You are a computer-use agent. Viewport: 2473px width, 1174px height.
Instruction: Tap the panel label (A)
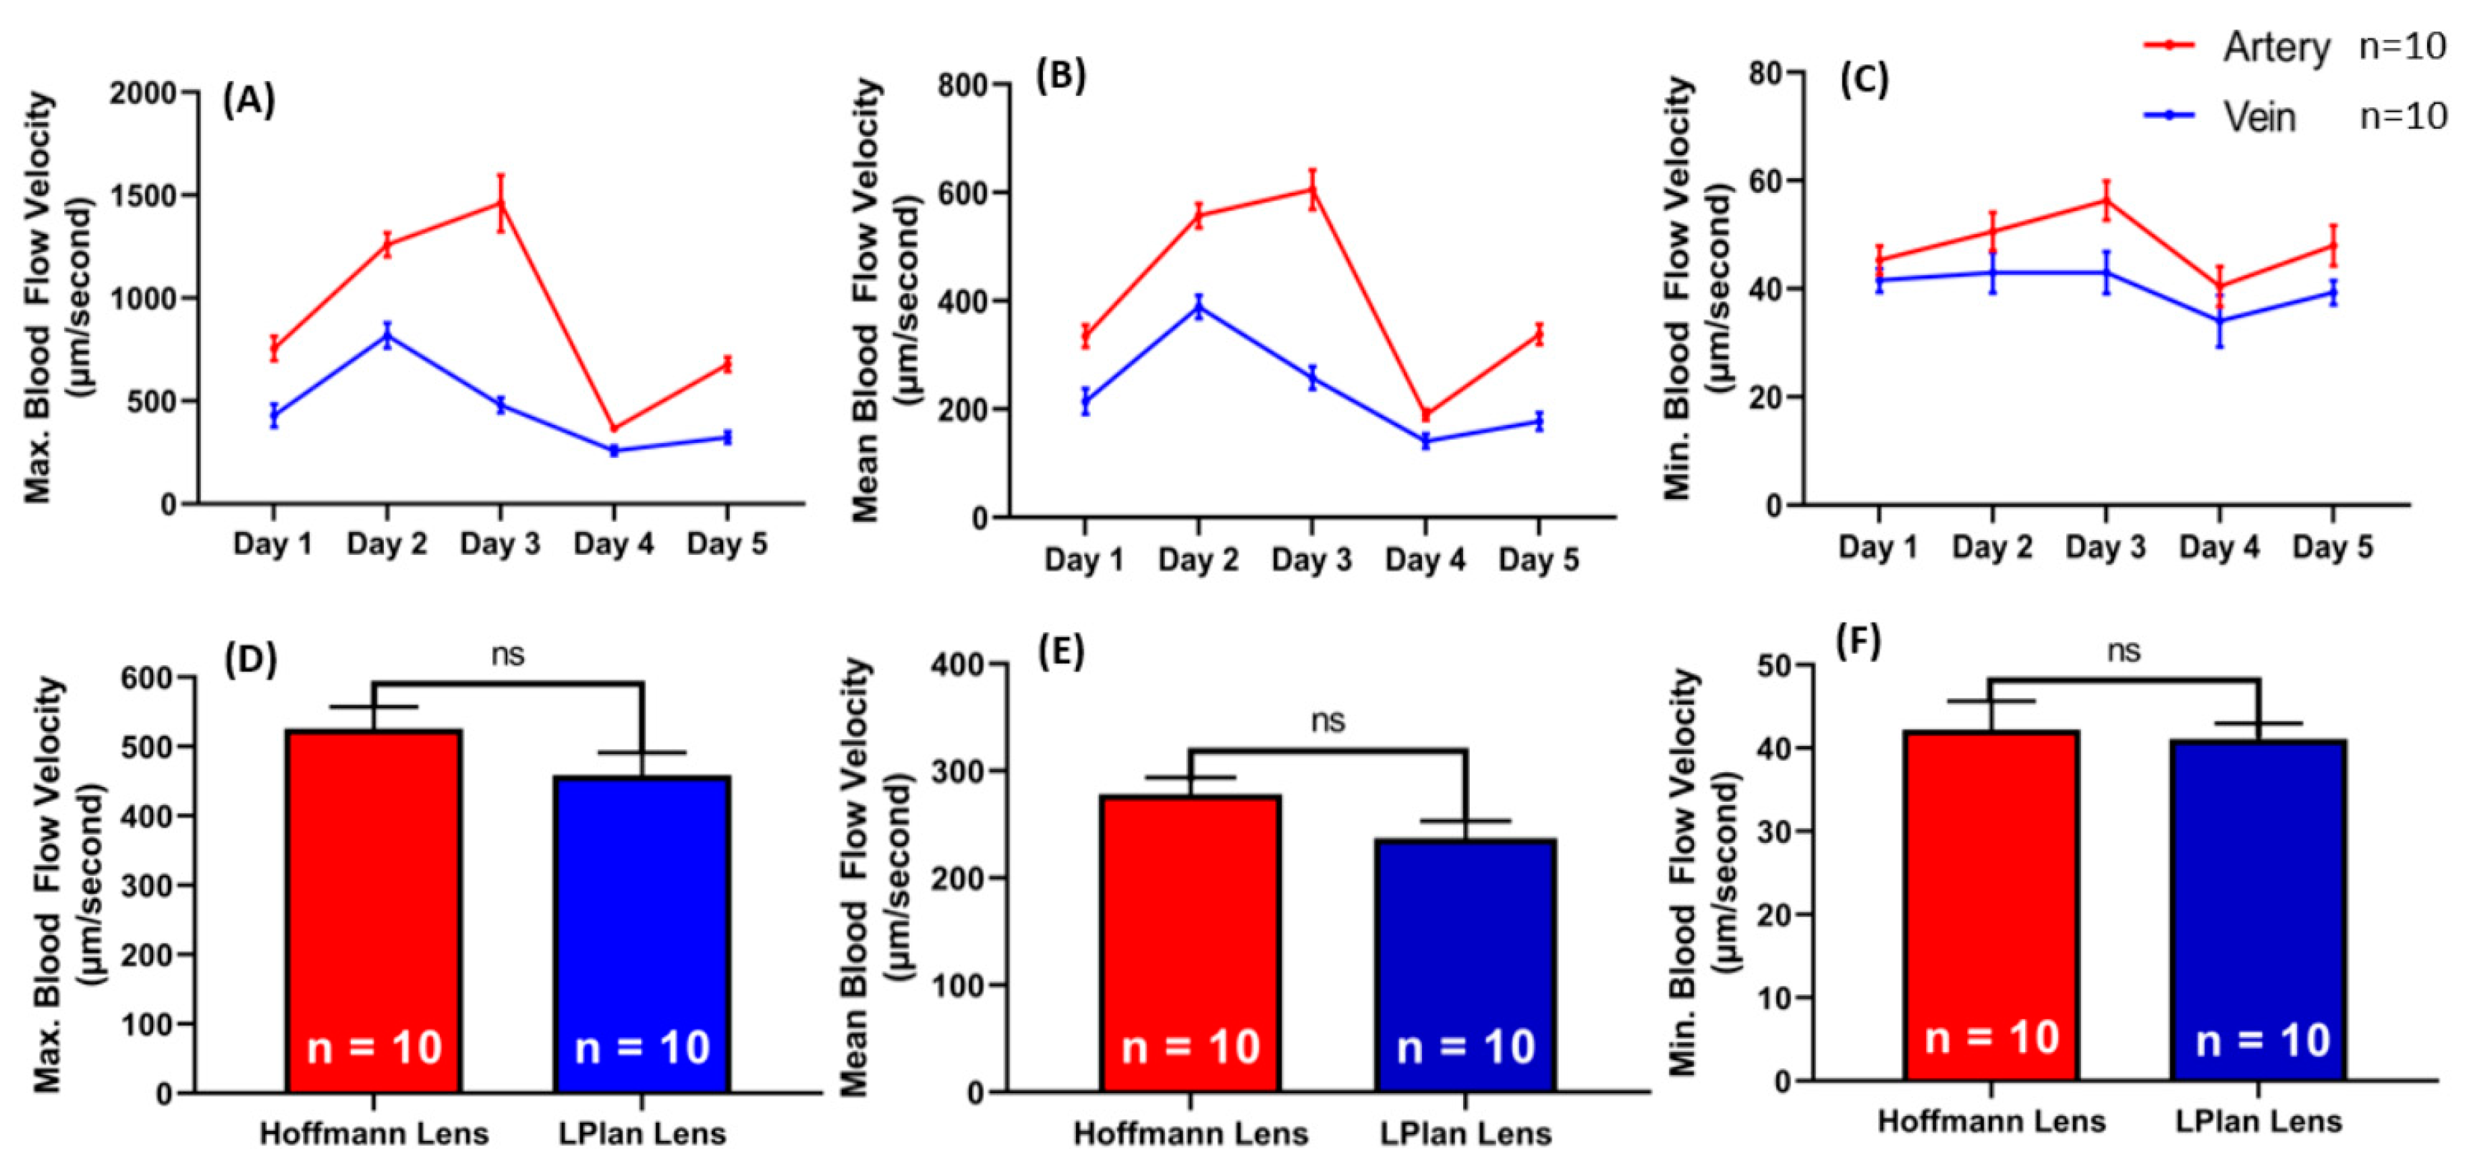[249, 100]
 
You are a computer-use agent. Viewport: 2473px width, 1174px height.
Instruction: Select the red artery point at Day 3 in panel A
[500, 202]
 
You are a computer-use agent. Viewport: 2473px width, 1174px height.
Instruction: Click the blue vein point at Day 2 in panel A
[387, 335]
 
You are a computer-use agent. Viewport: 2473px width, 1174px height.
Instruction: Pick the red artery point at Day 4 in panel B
[1425, 415]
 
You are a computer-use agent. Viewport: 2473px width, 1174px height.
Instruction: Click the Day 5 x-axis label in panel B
[1538, 559]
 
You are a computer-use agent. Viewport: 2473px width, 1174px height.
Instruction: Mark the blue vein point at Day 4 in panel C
[2219, 320]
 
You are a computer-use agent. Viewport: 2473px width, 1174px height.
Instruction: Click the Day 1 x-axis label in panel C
[1878, 546]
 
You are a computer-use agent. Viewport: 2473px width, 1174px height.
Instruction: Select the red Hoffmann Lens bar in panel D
[374, 911]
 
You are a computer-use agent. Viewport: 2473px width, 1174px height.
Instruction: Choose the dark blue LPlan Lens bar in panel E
[1465, 966]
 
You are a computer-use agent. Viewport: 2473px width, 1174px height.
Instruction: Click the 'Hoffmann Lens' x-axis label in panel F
[1991, 1121]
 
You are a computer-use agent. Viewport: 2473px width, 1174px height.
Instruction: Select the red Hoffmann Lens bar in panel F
[1991, 905]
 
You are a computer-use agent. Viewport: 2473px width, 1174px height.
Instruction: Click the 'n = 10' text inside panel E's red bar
[1191, 1047]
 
